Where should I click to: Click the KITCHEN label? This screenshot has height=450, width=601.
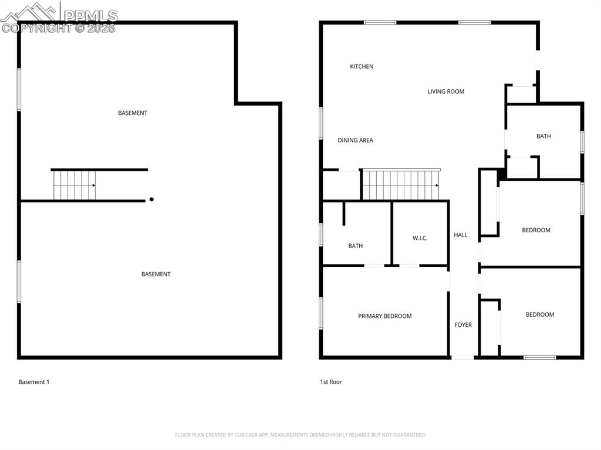(x=362, y=66)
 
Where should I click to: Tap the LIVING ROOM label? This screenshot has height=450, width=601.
(x=445, y=92)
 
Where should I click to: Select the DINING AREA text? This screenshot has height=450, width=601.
(x=355, y=140)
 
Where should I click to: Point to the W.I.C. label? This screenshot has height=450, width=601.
(x=420, y=238)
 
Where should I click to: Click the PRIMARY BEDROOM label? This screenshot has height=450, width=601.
(x=384, y=316)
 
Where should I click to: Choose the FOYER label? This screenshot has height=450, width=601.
(x=463, y=324)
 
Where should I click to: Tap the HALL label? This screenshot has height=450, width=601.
(x=461, y=235)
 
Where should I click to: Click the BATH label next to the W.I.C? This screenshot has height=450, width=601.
(x=355, y=246)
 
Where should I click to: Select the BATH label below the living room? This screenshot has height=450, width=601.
(x=543, y=136)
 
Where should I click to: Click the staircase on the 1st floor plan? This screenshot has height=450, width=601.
(x=400, y=185)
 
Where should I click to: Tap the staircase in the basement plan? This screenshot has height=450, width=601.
(x=74, y=185)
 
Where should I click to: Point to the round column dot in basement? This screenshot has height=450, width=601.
(x=151, y=199)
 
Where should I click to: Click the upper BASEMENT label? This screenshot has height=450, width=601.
(x=133, y=113)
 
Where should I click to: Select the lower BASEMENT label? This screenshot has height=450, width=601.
(x=156, y=274)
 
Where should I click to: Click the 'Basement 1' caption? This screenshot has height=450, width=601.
(x=34, y=382)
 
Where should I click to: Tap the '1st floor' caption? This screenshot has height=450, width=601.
(x=331, y=382)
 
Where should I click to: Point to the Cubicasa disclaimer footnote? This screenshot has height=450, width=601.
(x=300, y=435)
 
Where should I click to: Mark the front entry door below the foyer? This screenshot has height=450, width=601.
(x=462, y=357)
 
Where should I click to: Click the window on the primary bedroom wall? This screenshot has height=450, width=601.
(x=321, y=313)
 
